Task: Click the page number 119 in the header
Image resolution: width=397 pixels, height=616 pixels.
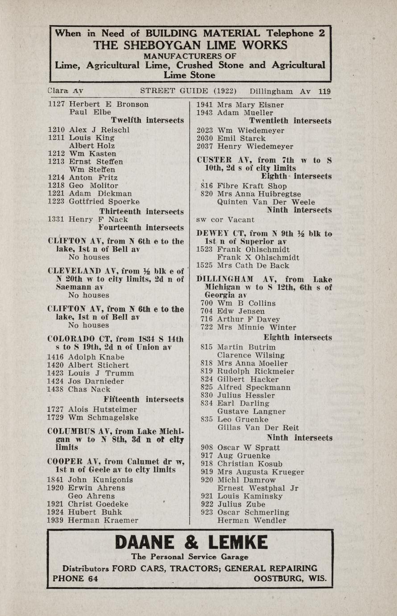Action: pyautogui.click(x=325, y=92)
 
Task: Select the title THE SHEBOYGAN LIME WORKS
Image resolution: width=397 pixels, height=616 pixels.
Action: pyautogui.click(x=190, y=45)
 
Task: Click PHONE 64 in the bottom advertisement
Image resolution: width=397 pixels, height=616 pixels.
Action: pyautogui.click(x=75, y=579)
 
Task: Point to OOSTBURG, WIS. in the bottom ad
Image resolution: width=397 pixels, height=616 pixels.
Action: pyautogui.click(x=290, y=579)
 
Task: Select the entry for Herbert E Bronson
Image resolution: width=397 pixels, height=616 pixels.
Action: pyautogui.click(x=109, y=104)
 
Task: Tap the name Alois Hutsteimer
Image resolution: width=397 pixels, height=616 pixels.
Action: pyautogui.click(x=103, y=409)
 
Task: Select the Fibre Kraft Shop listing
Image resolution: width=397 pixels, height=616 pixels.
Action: pyautogui.click(x=252, y=186)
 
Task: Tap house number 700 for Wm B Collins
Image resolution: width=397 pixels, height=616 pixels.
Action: pyautogui.click(x=207, y=303)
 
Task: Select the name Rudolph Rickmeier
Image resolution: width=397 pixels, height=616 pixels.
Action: pyautogui.click(x=256, y=371)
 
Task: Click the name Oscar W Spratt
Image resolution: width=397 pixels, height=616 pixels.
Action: pyautogui.click(x=248, y=447)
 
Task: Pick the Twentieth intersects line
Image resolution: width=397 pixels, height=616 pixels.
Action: pyautogui.click(x=290, y=121)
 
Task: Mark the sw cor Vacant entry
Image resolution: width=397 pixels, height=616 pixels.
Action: pyautogui.click(x=225, y=220)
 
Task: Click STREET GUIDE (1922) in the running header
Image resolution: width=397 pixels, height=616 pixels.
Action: pyautogui.click(x=188, y=92)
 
